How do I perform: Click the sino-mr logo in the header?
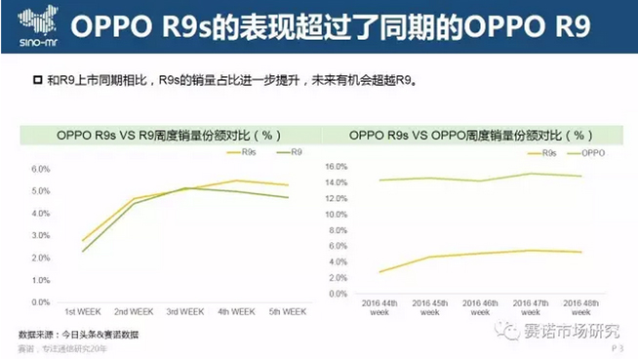click(x=36, y=27)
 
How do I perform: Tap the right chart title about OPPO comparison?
click(x=471, y=135)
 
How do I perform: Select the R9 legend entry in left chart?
click(x=290, y=152)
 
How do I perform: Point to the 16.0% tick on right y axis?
click(x=334, y=167)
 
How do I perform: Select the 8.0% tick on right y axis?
click(x=336, y=230)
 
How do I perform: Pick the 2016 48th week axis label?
click(x=580, y=308)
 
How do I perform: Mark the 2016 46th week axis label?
click(x=479, y=308)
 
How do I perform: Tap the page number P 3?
click(x=617, y=347)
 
